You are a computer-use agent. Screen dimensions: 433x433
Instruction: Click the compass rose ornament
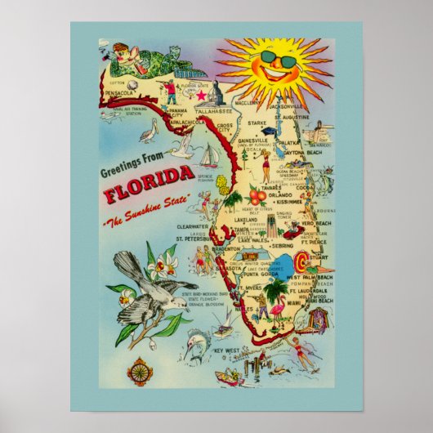pyautogui.click(x=140, y=371)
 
